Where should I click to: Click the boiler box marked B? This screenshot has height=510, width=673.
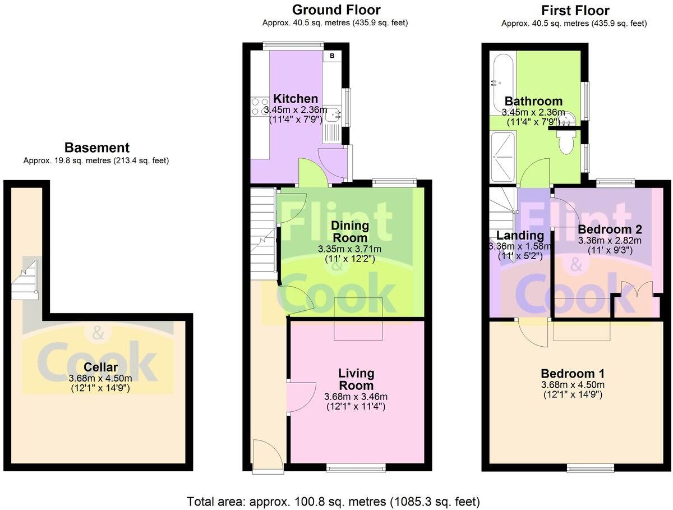pos(332,56)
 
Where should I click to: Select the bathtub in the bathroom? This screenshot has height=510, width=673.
pos(503,85)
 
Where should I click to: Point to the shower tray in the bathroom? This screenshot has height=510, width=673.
pos(503,157)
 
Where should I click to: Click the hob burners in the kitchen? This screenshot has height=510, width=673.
pos(260,107)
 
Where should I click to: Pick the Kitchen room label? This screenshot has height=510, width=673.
pos(295,98)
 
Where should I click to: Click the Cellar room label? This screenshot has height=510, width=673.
pos(100,367)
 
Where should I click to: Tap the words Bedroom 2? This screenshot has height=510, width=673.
pos(610,229)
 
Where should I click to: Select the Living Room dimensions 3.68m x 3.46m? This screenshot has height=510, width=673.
pos(356,397)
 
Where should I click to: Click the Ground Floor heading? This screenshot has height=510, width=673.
pos(336,10)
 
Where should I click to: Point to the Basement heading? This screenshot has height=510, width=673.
pos(97,148)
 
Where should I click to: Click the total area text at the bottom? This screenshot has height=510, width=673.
pos(333,502)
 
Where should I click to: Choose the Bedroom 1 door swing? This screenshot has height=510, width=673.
pos(533,333)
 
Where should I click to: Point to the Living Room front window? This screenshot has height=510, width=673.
pos(356,467)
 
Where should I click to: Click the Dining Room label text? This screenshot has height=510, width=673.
pos(350,232)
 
